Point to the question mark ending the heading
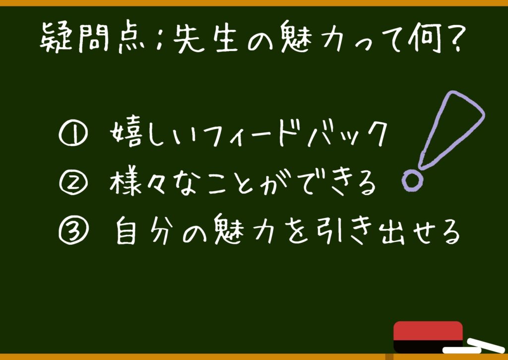[453, 37]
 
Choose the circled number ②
[73, 183]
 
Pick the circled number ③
[73, 231]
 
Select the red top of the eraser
[428, 331]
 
